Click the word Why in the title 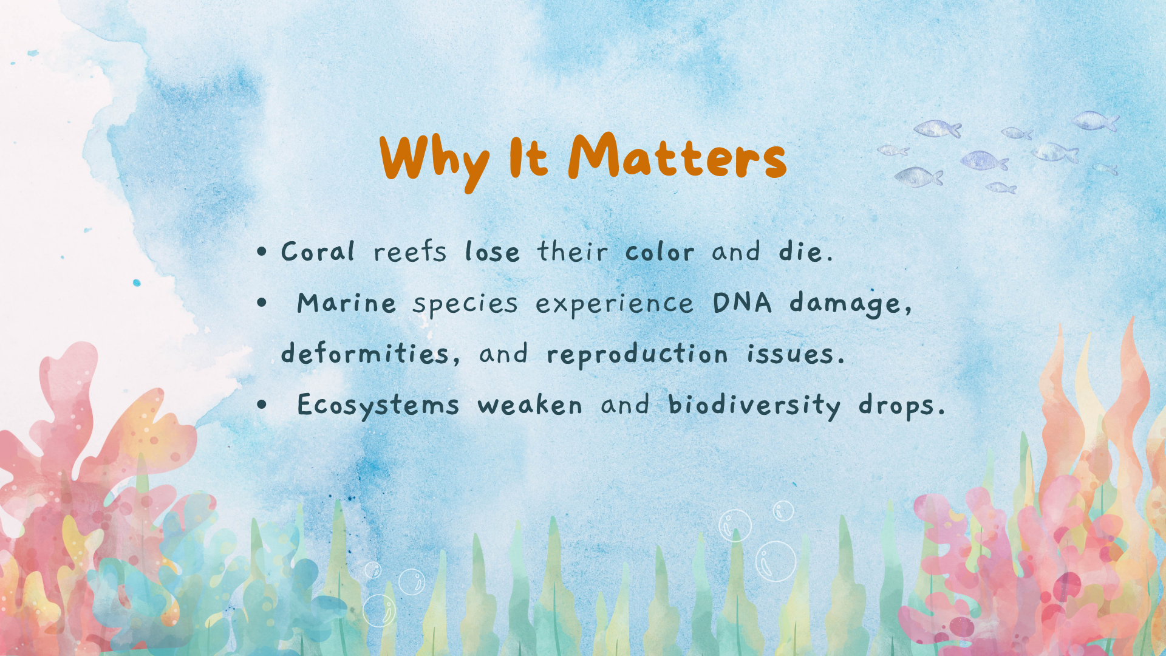coord(434,161)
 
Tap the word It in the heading coord(528,157)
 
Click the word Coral coord(318,251)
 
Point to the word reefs coord(410,251)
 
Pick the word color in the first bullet coord(660,251)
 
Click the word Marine coord(347,302)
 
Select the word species coord(465,304)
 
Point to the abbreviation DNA coord(742,302)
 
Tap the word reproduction coord(637,355)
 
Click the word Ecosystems coord(378,406)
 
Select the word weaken coord(530,405)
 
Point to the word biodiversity coord(754,406)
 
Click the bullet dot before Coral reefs coord(262,251)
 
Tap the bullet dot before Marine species coord(262,302)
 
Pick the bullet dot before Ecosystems coord(262,405)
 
